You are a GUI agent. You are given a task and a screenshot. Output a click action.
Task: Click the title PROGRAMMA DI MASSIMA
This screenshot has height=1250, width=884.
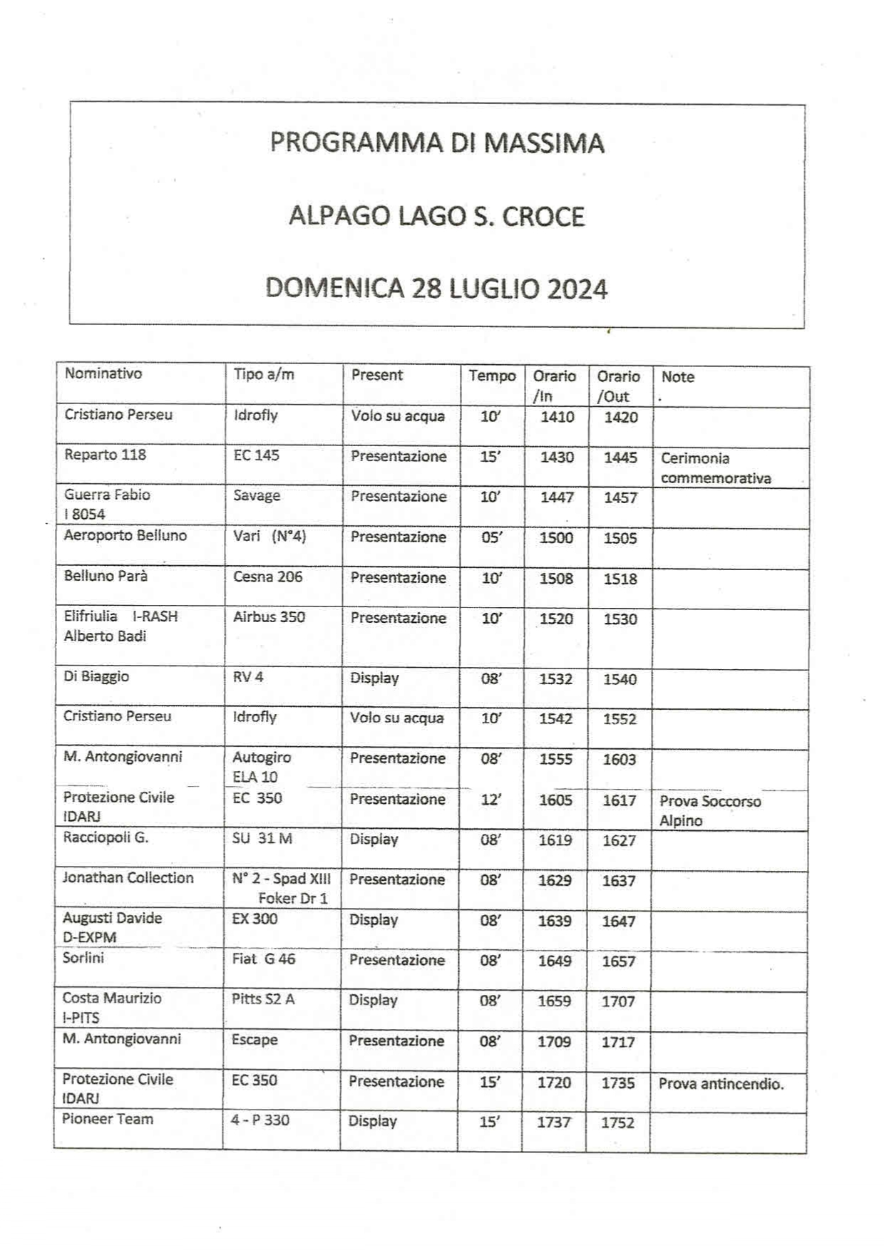[437, 143]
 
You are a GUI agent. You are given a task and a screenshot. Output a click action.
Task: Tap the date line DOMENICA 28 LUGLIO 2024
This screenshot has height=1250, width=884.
[436, 289]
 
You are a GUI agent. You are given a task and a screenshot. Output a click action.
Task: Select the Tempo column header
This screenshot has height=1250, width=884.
[492, 376]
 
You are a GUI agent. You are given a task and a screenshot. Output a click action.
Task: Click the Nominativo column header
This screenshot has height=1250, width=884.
[103, 373]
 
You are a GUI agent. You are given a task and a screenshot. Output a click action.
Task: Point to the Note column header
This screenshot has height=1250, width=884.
[677, 377]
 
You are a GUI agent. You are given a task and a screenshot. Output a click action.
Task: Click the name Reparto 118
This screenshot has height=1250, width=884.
[105, 455]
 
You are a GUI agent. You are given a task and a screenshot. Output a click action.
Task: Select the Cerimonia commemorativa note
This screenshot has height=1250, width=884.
[715, 468]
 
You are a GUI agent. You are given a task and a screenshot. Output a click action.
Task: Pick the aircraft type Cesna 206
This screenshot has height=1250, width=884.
[267, 577]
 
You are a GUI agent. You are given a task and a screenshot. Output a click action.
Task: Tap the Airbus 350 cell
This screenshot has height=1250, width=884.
[269, 617]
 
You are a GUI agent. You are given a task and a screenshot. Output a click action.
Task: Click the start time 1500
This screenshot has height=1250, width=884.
[556, 538]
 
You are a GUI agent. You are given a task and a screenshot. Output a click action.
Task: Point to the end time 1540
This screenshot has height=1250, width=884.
[620, 679]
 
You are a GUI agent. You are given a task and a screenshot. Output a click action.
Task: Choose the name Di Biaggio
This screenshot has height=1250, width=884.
[96, 676]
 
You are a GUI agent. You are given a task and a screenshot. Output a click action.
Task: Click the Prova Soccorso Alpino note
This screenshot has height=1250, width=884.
[709, 811]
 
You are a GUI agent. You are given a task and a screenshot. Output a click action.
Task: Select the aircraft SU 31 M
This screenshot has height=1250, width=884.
[262, 839]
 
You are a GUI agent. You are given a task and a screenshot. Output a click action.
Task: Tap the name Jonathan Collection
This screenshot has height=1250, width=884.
[128, 878]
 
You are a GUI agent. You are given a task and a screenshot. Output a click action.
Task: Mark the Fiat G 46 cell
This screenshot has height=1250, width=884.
[263, 959]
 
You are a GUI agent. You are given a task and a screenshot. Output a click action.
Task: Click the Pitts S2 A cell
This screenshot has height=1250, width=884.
[262, 999]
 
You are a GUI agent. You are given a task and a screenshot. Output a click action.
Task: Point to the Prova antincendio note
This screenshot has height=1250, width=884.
[721, 1084]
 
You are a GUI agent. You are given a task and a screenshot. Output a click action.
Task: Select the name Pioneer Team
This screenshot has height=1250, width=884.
[107, 1119]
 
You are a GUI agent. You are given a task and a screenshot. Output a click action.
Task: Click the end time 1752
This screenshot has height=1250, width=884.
[617, 1122]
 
